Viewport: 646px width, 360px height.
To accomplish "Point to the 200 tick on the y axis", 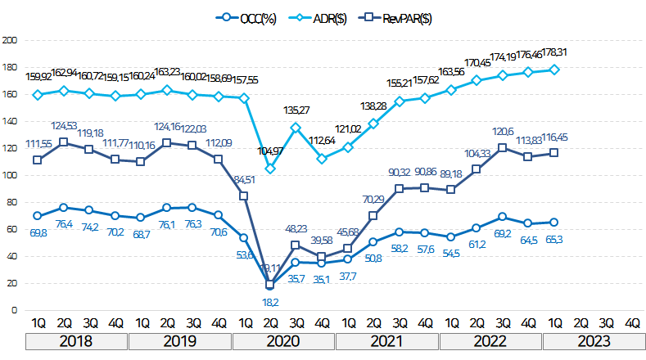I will pyautogui.click(x=10, y=39).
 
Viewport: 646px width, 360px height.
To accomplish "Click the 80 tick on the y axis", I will pyautogui.click(x=11, y=202).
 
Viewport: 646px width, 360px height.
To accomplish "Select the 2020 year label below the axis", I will pyautogui.click(x=283, y=340).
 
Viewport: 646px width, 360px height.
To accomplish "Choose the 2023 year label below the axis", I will pyautogui.click(x=594, y=340).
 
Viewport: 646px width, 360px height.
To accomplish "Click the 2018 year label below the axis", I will pyautogui.click(x=76, y=340).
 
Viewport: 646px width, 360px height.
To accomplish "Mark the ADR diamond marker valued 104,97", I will pyautogui.click(x=270, y=169).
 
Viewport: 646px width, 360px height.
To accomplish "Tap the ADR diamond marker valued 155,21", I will pyautogui.click(x=399, y=101).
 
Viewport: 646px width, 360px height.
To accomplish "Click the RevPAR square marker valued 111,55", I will pyautogui.click(x=37, y=160).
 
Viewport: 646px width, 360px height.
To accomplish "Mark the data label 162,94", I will pyautogui.click(x=64, y=73).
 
